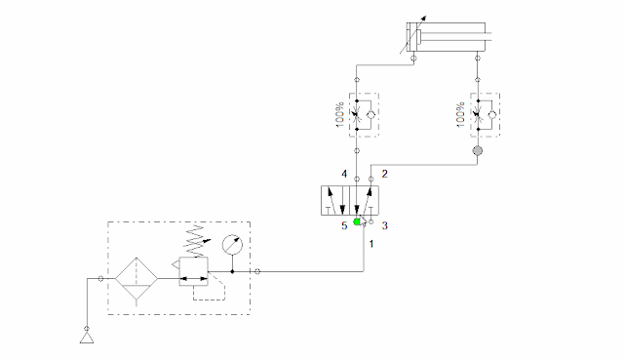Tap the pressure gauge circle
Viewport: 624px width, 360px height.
[x=231, y=245]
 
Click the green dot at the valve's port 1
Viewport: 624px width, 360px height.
[x=358, y=222]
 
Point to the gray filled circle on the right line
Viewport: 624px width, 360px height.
[x=478, y=151]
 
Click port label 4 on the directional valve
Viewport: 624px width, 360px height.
[x=344, y=175]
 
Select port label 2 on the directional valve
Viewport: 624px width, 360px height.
[x=384, y=175]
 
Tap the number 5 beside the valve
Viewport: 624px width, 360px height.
[x=343, y=226]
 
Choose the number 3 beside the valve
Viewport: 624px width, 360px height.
[x=384, y=226]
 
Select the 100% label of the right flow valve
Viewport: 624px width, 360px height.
[x=458, y=115]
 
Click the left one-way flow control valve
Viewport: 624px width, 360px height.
[x=363, y=115]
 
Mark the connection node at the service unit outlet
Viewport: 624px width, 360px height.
[x=256, y=271]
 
